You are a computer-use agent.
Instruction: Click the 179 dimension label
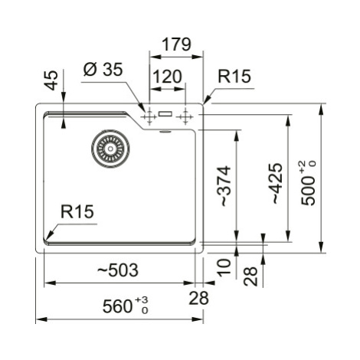(176, 44)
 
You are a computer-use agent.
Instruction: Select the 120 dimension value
(168, 77)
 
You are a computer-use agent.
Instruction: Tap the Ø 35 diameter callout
(103, 69)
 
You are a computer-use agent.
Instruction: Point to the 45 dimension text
(51, 80)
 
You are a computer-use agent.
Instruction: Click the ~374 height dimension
(224, 186)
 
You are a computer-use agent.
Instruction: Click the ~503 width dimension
(118, 270)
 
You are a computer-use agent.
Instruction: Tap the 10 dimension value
(224, 267)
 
